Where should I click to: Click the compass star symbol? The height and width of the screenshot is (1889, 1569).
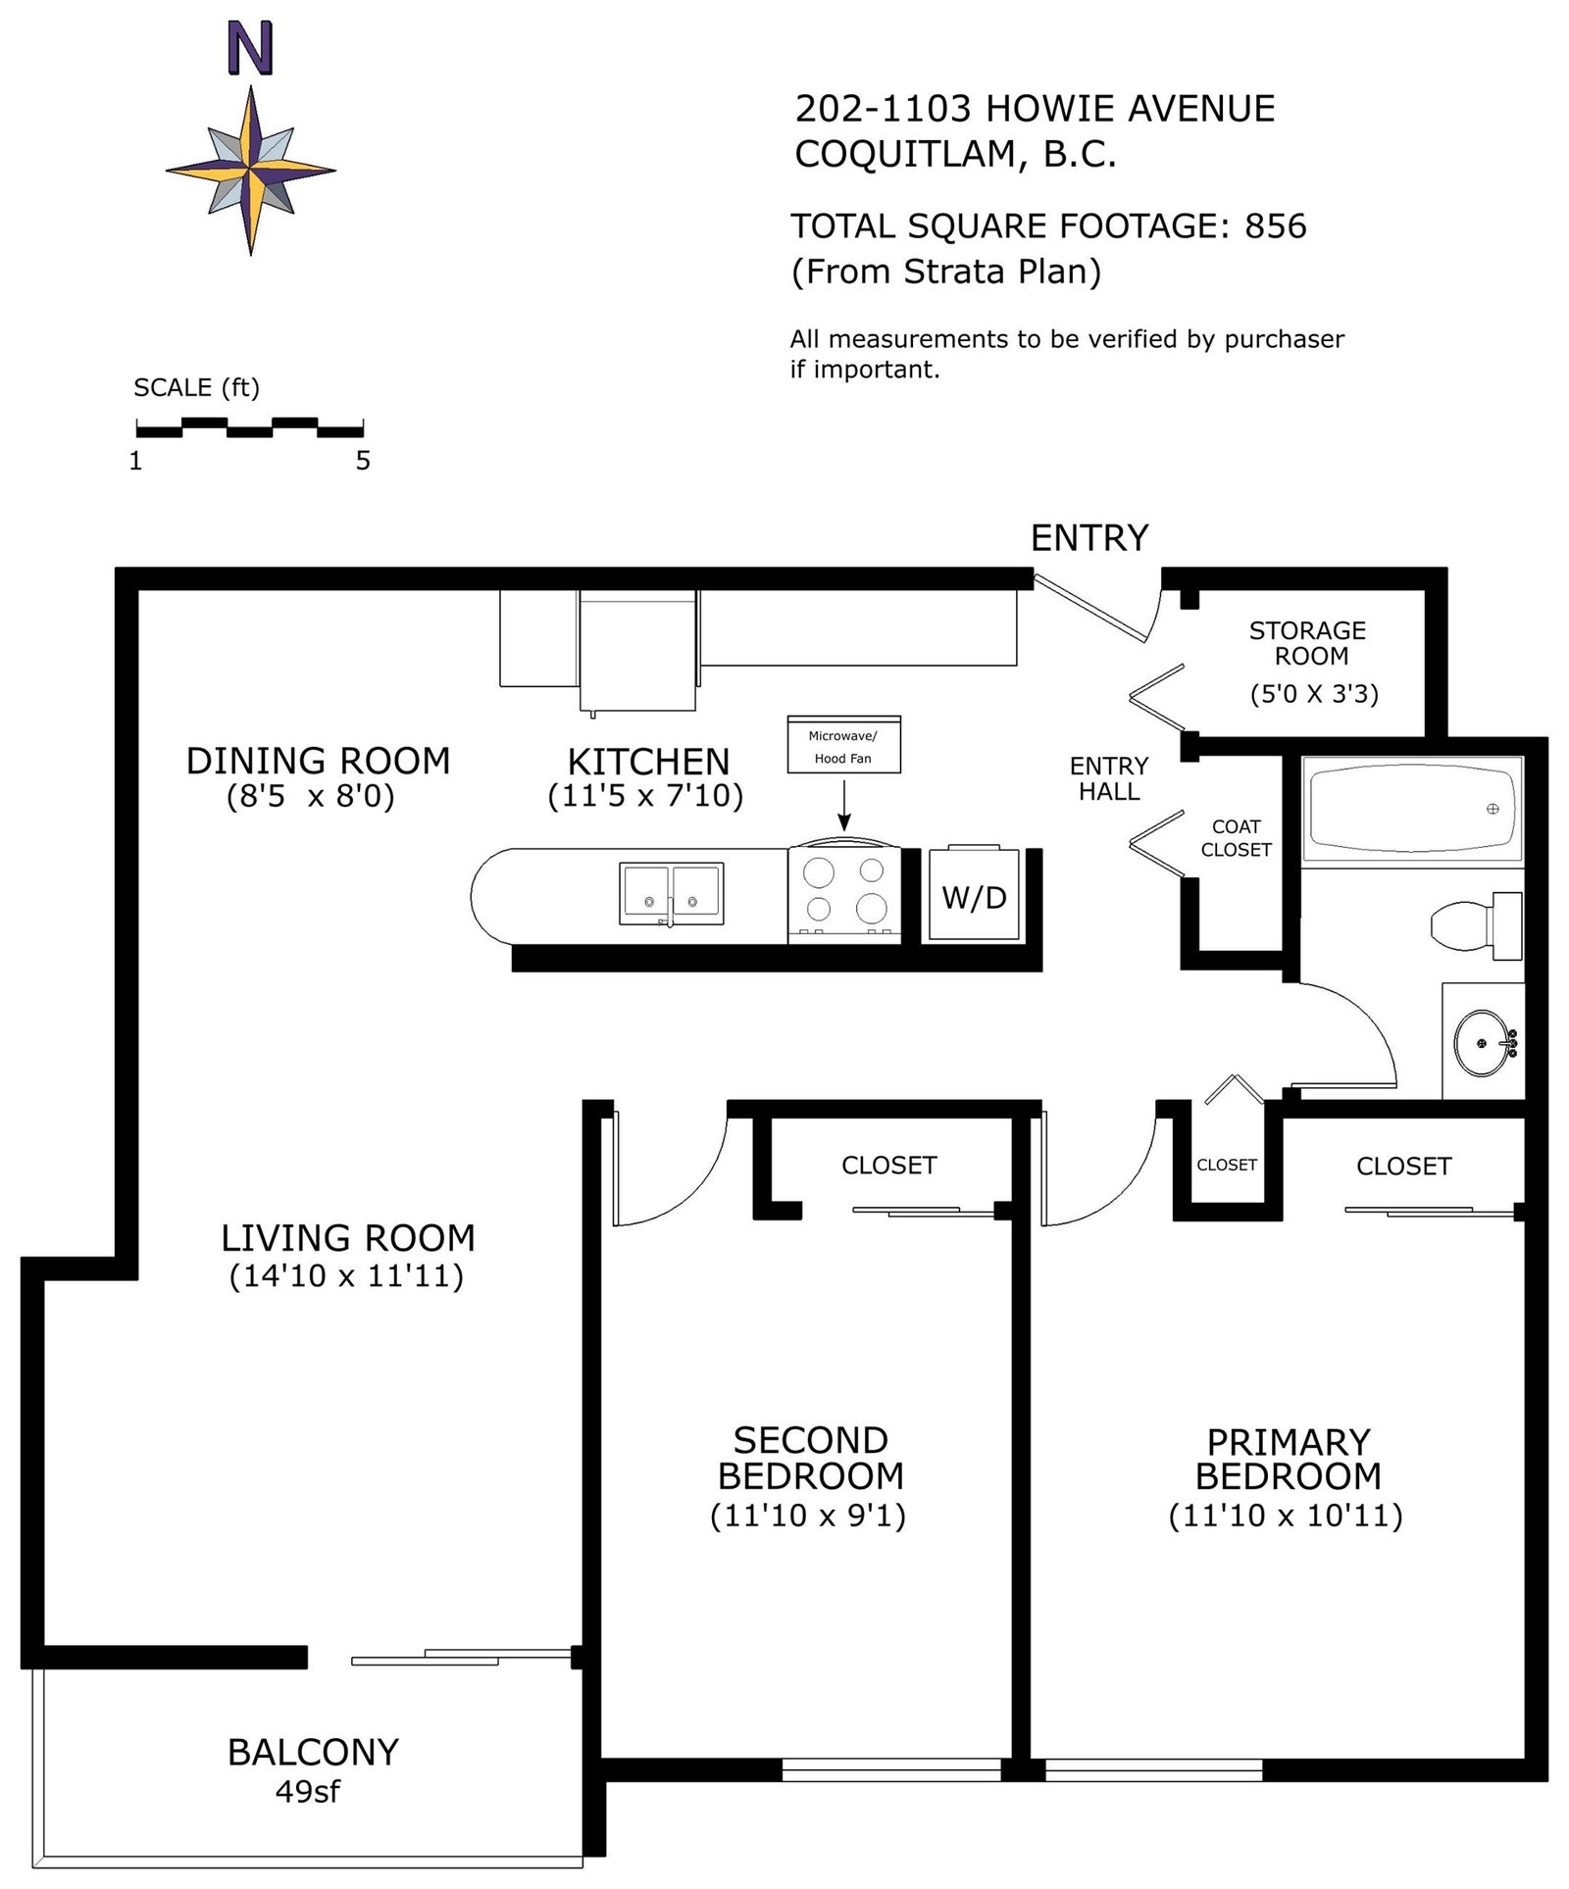tap(250, 171)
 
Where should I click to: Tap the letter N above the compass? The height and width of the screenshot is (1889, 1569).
tap(250, 49)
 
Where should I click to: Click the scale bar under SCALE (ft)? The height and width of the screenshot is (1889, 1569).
tap(250, 427)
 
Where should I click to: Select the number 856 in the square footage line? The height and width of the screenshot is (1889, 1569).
tap(1275, 226)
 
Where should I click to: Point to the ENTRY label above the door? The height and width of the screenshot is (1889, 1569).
tap(1089, 538)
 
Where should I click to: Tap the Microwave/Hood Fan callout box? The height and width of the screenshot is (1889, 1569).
tap(843, 745)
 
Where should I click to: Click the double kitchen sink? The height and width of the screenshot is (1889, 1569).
tap(672, 893)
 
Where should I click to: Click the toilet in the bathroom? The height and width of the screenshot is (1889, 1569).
tap(1476, 925)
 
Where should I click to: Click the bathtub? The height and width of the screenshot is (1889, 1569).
tap(1412, 810)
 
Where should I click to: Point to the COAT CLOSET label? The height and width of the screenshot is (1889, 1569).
tap(1236, 838)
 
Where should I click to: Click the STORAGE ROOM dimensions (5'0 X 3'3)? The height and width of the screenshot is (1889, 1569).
tap(1314, 694)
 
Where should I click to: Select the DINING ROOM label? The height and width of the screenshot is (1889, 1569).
tap(318, 761)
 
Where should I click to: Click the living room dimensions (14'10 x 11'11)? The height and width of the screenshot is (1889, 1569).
tap(346, 1276)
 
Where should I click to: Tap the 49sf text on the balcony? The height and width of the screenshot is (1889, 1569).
tap(307, 1791)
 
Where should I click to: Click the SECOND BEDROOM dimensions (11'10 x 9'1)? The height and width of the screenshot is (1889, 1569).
tap(808, 1516)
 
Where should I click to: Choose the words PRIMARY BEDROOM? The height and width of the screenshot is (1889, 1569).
tap(1288, 1460)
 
